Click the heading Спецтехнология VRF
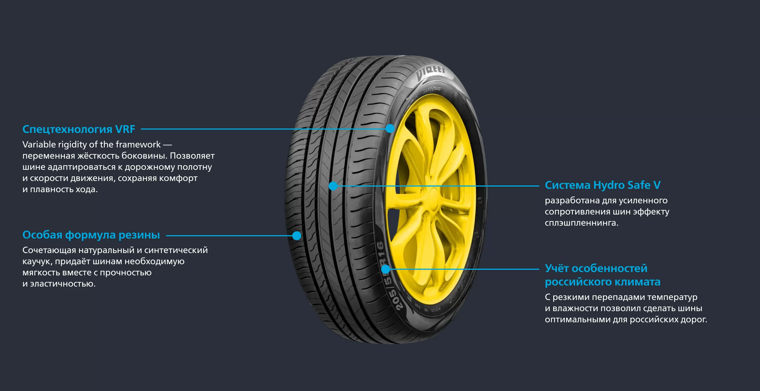(x=79, y=129)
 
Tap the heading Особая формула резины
(x=91, y=235)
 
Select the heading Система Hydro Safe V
(x=602, y=185)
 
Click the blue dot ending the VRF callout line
(x=390, y=128)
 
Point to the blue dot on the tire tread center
(x=333, y=186)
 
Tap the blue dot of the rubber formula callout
(x=297, y=236)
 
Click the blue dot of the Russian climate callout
(x=386, y=269)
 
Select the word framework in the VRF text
(x=138, y=144)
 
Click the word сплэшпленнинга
(x=581, y=223)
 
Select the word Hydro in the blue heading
(x=609, y=185)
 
